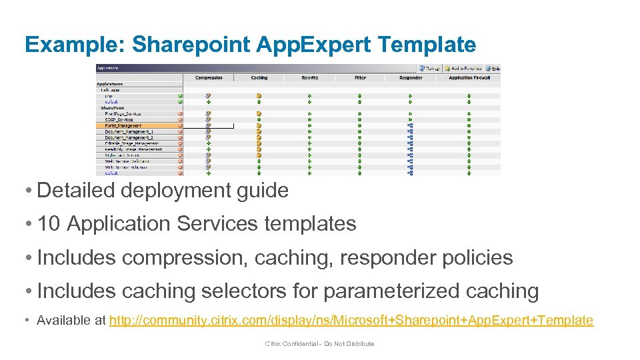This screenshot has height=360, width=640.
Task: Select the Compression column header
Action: click(209, 78)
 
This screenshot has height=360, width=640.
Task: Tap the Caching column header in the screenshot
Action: click(259, 78)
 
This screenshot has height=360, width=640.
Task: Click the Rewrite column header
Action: click(309, 78)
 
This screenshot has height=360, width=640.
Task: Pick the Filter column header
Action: click(360, 78)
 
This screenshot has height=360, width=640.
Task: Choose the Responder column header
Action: click(411, 78)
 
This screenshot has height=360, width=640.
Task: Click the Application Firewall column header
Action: click(469, 78)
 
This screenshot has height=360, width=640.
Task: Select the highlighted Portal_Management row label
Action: click(123, 125)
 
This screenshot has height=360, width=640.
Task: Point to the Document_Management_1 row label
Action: click(129, 131)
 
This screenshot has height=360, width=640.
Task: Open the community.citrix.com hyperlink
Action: click(351, 321)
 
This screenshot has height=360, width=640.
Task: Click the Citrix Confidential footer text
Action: click(319, 344)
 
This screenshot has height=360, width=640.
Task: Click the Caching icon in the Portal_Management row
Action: click(259, 125)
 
